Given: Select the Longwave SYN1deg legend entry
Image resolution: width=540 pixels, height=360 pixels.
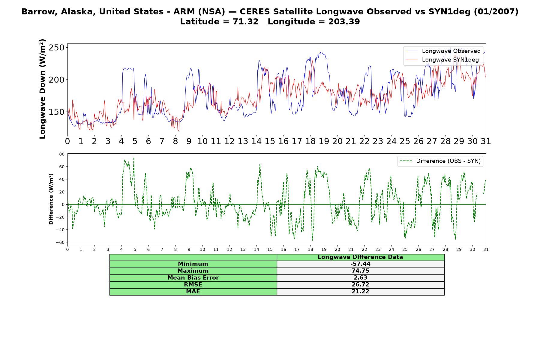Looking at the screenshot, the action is (x=442, y=60).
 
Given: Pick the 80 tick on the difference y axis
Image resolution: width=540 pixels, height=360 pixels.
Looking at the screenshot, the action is (x=62, y=154).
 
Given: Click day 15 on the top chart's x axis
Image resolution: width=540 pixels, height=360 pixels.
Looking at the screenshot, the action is (x=270, y=141).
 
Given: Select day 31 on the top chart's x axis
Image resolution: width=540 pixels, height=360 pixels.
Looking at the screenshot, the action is (x=486, y=141).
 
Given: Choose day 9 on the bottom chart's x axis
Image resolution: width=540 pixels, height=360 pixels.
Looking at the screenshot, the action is (x=189, y=249).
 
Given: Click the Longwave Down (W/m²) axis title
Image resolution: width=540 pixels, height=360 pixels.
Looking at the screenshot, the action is (x=43, y=89).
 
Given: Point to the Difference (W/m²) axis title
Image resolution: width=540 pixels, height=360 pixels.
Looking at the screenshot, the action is (x=51, y=199).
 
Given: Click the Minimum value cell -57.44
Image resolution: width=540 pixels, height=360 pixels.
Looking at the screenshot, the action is (x=360, y=264).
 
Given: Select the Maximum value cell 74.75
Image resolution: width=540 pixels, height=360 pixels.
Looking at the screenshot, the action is (x=360, y=271).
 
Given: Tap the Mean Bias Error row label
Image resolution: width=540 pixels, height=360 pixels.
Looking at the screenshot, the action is (x=193, y=278).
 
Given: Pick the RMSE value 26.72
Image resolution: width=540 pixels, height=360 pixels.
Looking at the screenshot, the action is (x=360, y=285).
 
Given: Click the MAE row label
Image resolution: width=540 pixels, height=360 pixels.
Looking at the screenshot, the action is (x=193, y=292).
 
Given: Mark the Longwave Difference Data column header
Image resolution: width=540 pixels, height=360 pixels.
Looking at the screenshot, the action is (x=360, y=257).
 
